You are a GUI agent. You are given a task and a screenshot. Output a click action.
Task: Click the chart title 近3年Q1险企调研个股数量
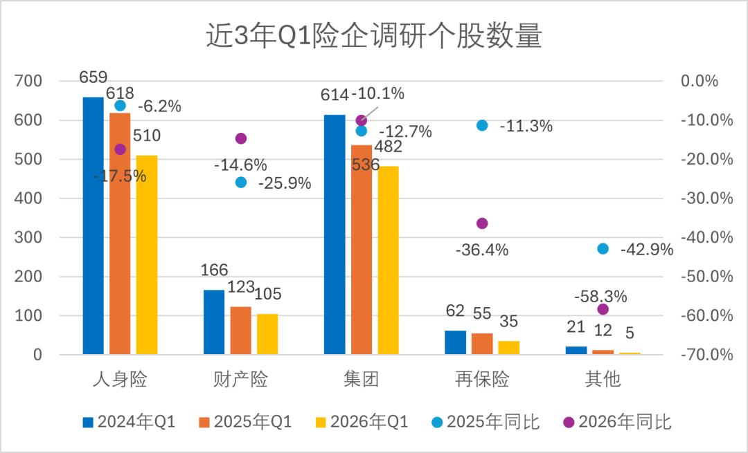point(373,37)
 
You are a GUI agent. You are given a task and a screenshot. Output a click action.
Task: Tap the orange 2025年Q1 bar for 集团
point(361,250)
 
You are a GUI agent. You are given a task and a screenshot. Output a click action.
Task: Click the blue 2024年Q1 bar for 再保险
point(455,342)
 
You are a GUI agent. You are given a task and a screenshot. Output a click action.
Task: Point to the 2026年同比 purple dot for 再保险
point(482,223)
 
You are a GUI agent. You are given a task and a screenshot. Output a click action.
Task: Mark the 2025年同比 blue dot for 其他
point(603,249)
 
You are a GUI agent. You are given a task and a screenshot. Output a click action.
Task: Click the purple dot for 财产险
point(241,138)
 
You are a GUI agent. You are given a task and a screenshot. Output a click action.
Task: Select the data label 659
point(93,77)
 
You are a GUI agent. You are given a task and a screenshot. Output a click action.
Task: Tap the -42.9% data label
point(647,250)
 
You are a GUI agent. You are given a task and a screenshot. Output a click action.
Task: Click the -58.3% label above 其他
point(600,297)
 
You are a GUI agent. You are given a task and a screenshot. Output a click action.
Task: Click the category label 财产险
point(240,380)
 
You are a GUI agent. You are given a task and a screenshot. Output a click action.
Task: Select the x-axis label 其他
point(603,380)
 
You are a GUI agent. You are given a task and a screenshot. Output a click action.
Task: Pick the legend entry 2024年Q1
point(129,422)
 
